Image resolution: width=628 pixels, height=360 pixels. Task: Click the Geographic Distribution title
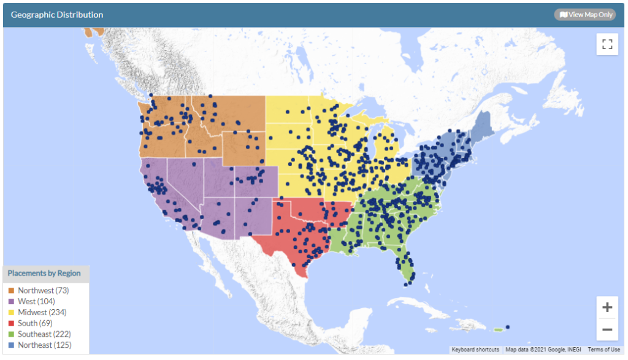tap(57, 15)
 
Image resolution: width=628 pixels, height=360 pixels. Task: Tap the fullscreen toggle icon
tap(607, 44)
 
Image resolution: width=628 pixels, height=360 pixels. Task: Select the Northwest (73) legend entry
tap(43, 290)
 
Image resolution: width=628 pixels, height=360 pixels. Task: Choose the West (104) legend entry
tap(36, 301)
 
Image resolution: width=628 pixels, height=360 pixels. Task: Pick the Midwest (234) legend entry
tap(42, 312)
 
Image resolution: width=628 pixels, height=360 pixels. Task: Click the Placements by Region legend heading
tap(44, 274)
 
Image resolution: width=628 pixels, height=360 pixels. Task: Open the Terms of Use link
tap(603, 350)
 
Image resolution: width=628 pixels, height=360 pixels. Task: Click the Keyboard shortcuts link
tap(475, 350)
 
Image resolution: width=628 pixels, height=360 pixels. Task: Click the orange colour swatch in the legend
tap(11, 290)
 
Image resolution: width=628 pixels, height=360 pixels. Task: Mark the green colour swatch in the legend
tap(11, 334)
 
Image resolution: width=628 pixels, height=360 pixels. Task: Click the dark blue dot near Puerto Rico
tap(507, 327)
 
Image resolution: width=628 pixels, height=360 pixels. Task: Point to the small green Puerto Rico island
tap(498, 330)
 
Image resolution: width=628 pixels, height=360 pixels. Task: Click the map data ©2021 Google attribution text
tap(543, 350)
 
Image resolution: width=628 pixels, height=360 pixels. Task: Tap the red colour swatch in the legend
tap(11, 323)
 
